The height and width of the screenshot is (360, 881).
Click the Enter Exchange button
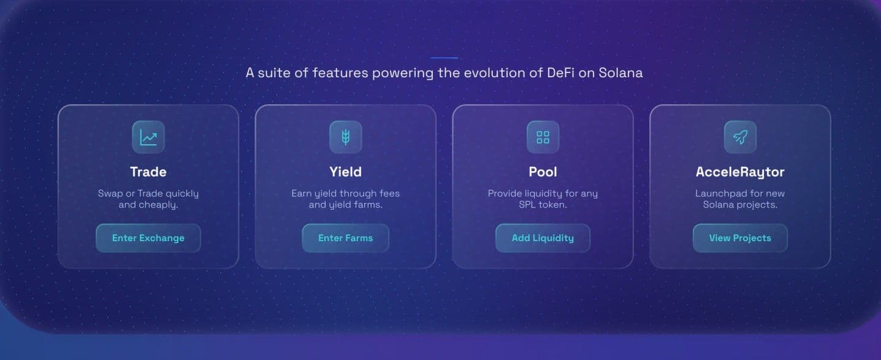tap(148, 238)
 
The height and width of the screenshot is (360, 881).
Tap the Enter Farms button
tap(345, 238)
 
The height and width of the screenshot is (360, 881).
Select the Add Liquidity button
tap(543, 238)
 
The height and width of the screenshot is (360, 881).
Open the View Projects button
tap(740, 238)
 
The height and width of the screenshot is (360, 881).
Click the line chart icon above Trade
tap(148, 137)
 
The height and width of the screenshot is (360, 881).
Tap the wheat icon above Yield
tap(346, 137)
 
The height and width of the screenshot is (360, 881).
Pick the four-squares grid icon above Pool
tap(543, 137)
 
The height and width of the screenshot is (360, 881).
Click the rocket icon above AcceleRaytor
tap(740, 137)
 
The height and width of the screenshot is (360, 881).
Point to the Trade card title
tap(148, 172)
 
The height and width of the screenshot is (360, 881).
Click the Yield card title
tap(346, 172)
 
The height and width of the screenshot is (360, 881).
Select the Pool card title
tap(543, 172)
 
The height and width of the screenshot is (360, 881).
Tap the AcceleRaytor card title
tap(740, 172)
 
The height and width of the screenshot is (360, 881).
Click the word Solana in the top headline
tap(620, 73)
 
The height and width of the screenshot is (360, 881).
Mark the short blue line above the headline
tap(444, 58)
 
